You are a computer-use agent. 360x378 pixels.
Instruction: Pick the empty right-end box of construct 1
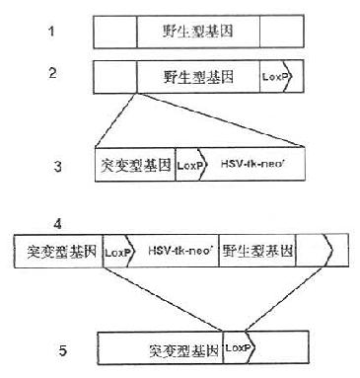pos(280,34)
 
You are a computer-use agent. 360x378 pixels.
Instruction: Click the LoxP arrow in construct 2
pos(275,75)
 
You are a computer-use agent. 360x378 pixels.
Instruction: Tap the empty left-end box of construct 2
pos(114,75)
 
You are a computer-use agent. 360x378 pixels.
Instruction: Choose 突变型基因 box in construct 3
pos(136,165)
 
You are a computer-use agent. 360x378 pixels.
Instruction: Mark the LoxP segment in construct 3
pos(190,165)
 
